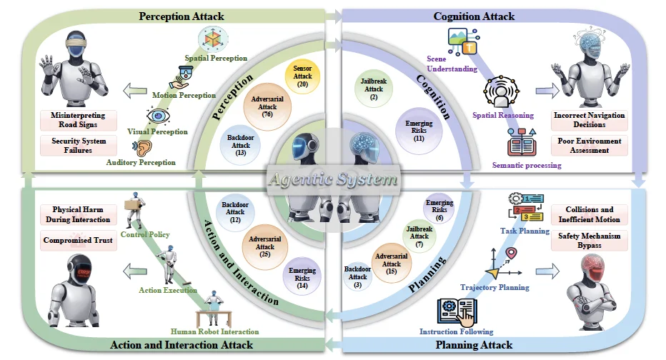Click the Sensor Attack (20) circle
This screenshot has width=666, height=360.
(302, 76)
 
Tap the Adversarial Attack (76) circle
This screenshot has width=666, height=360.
(267, 106)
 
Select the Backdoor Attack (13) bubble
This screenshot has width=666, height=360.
(240, 145)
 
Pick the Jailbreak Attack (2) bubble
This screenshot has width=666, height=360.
(374, 89)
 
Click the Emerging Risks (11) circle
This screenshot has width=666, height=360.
(419, 131)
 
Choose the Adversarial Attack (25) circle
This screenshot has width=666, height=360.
(264, 246)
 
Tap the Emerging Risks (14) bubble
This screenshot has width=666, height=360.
(302, 278)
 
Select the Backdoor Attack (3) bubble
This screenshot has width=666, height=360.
(357, 277)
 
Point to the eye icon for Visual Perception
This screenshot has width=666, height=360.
(158, 116)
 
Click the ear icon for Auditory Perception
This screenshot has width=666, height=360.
(143, 148)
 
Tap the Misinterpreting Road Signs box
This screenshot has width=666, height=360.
(78, 120)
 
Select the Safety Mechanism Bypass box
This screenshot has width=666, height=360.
(589, 241)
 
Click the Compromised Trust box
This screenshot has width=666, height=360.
(78, 240)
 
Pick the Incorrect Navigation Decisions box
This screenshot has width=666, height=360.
(589, 120)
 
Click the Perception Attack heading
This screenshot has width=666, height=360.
(182, 16)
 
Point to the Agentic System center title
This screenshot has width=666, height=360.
(334, 179)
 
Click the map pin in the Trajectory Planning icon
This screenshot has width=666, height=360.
(512, 254)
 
